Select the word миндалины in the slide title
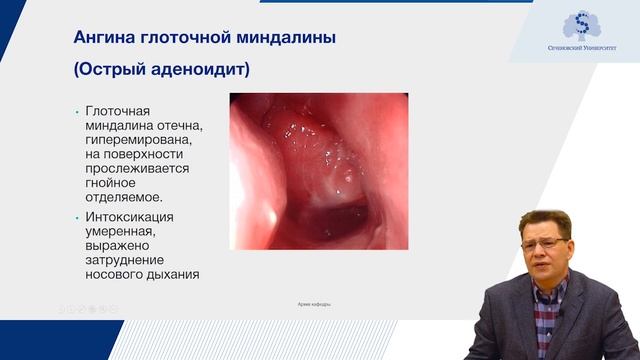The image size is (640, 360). click(x=282, y=38)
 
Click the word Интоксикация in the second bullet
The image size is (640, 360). click(x=130, y=216)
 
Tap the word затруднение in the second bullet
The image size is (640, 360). click(x=128, y=259)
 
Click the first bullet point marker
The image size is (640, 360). click(x=77, y=112)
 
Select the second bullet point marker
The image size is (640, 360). click(x=77, y=216)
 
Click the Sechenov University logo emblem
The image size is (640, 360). click(x=576, y=26)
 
